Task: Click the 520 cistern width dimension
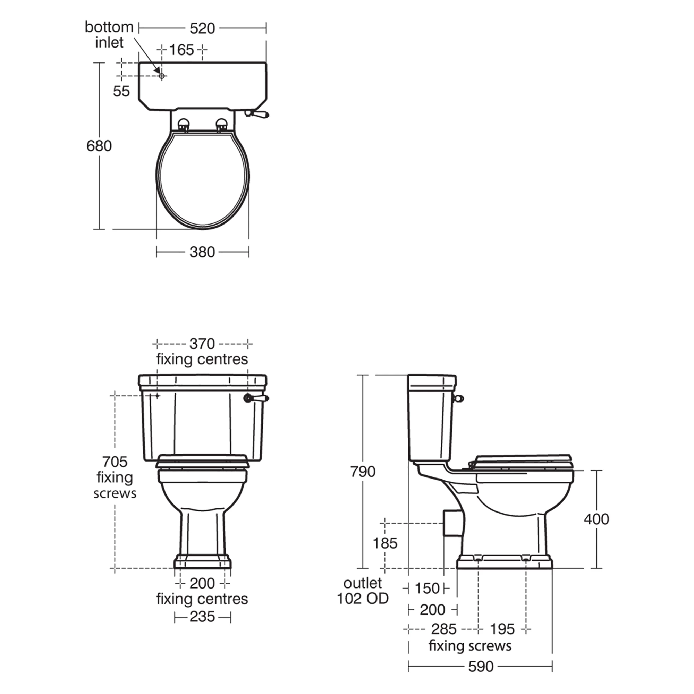pyautogui.click(x=202, y=28)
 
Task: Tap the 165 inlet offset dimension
pyautogui.click(x=181, y=50)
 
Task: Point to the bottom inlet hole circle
pyautogui.click(x=162, y=76)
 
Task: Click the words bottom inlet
pyautogui.click(x=109, y=35)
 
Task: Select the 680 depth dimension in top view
pyautogui.click(x=99, y=146)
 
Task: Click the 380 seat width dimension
pyautogui.click(x=202, y=252)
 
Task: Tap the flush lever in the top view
pyautogui.click(x=257, y=114)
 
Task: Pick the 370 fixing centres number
pyautogui.click(x=202, y=344)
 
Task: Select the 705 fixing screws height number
pyautogui.click(x=115, y=462)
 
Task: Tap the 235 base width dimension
pyautogui.click(x=202, y=617)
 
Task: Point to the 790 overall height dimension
pyautogui.click(x=363, y=471)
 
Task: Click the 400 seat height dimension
pyautogui.click(x=596, y=519)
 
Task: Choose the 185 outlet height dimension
pyautogui.click(x=385, y=543)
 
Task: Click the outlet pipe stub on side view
pyautogui.click(x=452, y=523)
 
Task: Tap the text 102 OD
pyautogui.click(x=363, y=599)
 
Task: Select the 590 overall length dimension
pyautogui.click(x=481, y=667)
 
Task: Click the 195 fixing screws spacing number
pyautogui.click(x=502, y=629)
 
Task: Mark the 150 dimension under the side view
pyautogui.click(x=427, y=589)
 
